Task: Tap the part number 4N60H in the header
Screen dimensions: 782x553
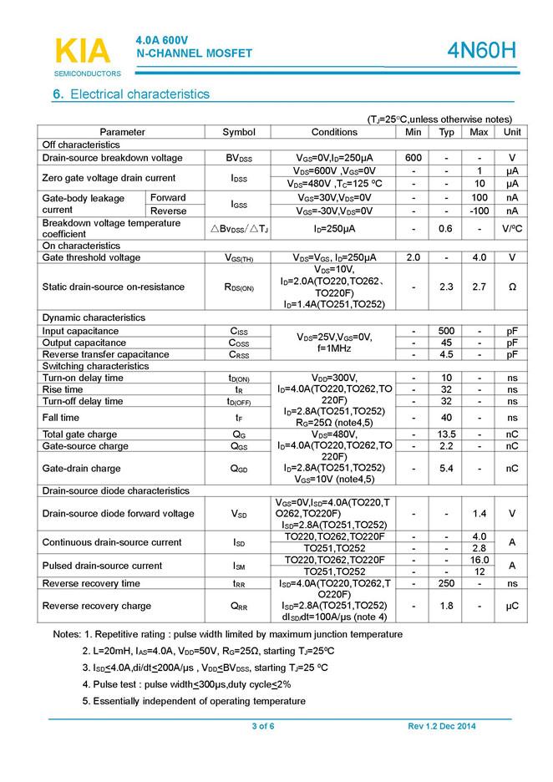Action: coord(483,52)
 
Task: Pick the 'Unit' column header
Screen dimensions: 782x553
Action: coord(512,132)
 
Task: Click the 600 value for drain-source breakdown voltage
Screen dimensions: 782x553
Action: coord(413,158)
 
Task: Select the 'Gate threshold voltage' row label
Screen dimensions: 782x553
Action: coord(91,257)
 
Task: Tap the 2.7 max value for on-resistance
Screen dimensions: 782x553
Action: coord(479,287)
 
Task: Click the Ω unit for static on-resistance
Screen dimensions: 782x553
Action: coord(512,287)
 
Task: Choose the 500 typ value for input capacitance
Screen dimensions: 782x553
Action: coord(447,331)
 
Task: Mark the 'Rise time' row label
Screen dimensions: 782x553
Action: coord(63,389)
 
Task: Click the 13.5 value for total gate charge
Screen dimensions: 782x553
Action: coord(447,434)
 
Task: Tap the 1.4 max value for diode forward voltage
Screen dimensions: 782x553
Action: coord(479,513)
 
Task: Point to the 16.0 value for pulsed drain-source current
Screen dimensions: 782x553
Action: coord(479,560)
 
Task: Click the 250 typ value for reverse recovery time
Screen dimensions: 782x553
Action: coord(447,583)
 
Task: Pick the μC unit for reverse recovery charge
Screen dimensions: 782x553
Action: coord(512,606)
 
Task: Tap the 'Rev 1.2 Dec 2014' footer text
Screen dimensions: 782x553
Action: coord(442,726)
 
